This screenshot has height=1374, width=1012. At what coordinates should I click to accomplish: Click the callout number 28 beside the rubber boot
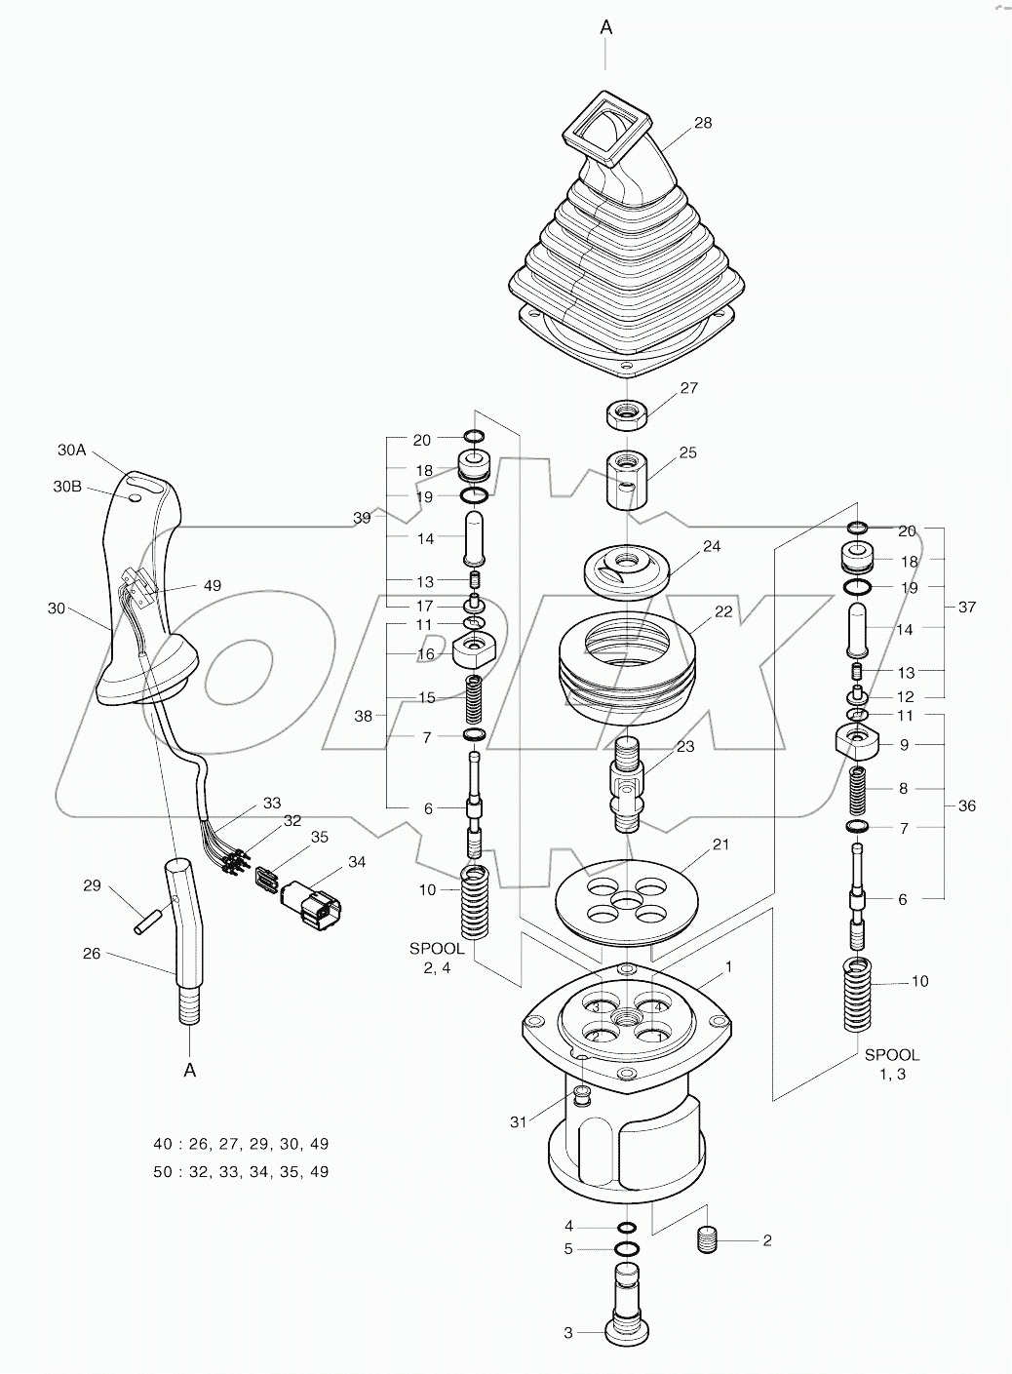coord(703,123)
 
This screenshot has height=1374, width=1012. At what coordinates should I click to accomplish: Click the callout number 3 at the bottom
coord(568,1332)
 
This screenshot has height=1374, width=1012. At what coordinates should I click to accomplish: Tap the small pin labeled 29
coord(146,920)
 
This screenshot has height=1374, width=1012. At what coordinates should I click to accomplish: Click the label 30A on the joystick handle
coord(72,450)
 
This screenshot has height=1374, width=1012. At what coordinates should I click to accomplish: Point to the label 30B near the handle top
coord(67,486)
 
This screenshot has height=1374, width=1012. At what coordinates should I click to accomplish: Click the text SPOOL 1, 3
coord(891,1064)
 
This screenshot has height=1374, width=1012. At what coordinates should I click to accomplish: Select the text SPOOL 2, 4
coord(436,958)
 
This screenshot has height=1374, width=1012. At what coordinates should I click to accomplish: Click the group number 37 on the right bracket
coord(967,607)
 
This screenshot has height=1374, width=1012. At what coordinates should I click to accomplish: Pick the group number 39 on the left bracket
coord(362,518)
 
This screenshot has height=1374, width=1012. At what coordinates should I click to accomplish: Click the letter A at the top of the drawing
coord(605,28)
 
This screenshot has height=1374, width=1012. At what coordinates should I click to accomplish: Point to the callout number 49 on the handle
coord(212,586)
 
